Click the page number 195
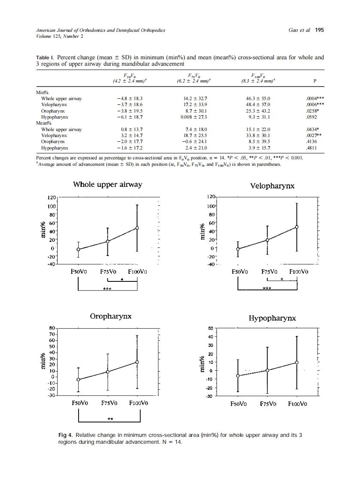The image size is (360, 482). [319, 31]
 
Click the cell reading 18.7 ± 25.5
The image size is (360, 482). [195, 135]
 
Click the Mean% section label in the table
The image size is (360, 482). [42, 123]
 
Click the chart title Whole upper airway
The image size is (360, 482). [107, 185]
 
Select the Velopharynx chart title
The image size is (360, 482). [272, 186]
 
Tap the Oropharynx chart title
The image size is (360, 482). [110, 317]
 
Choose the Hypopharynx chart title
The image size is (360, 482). [272, 318]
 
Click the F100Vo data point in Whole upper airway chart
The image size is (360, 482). [137, 228]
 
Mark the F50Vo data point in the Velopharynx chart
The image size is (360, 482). [238, 249]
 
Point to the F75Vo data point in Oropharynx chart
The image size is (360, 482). [107, 372]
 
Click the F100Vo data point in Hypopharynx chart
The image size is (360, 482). [296, 363]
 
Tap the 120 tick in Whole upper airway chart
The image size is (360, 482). [52, 198]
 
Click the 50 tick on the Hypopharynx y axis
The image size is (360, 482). [211, 329]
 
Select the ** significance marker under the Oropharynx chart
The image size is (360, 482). [110, 418]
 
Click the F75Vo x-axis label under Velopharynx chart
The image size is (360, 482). [269, 272]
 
